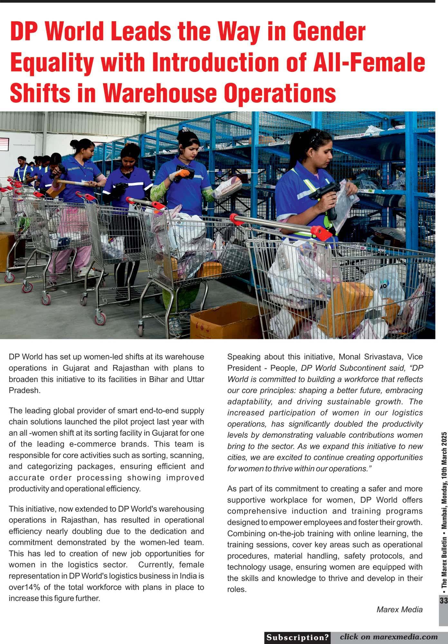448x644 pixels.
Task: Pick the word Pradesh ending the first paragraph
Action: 24,390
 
